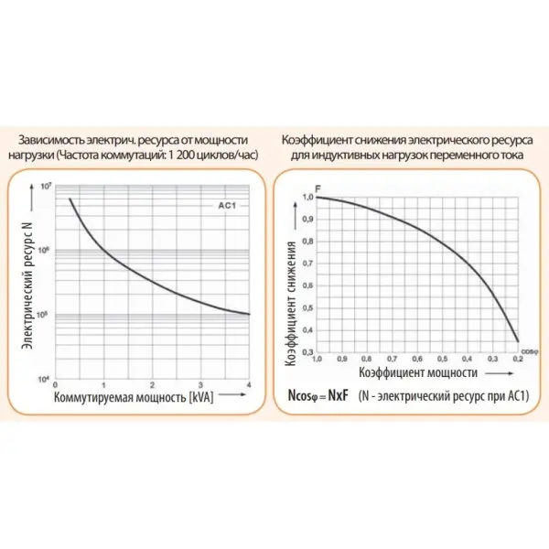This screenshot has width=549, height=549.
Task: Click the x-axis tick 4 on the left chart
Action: click(250, 385)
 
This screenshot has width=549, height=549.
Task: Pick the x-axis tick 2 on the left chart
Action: click(154, 385)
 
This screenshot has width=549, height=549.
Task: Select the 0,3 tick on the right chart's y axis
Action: click(307, 352)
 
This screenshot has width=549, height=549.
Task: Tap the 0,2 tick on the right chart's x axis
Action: click(518, 361)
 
